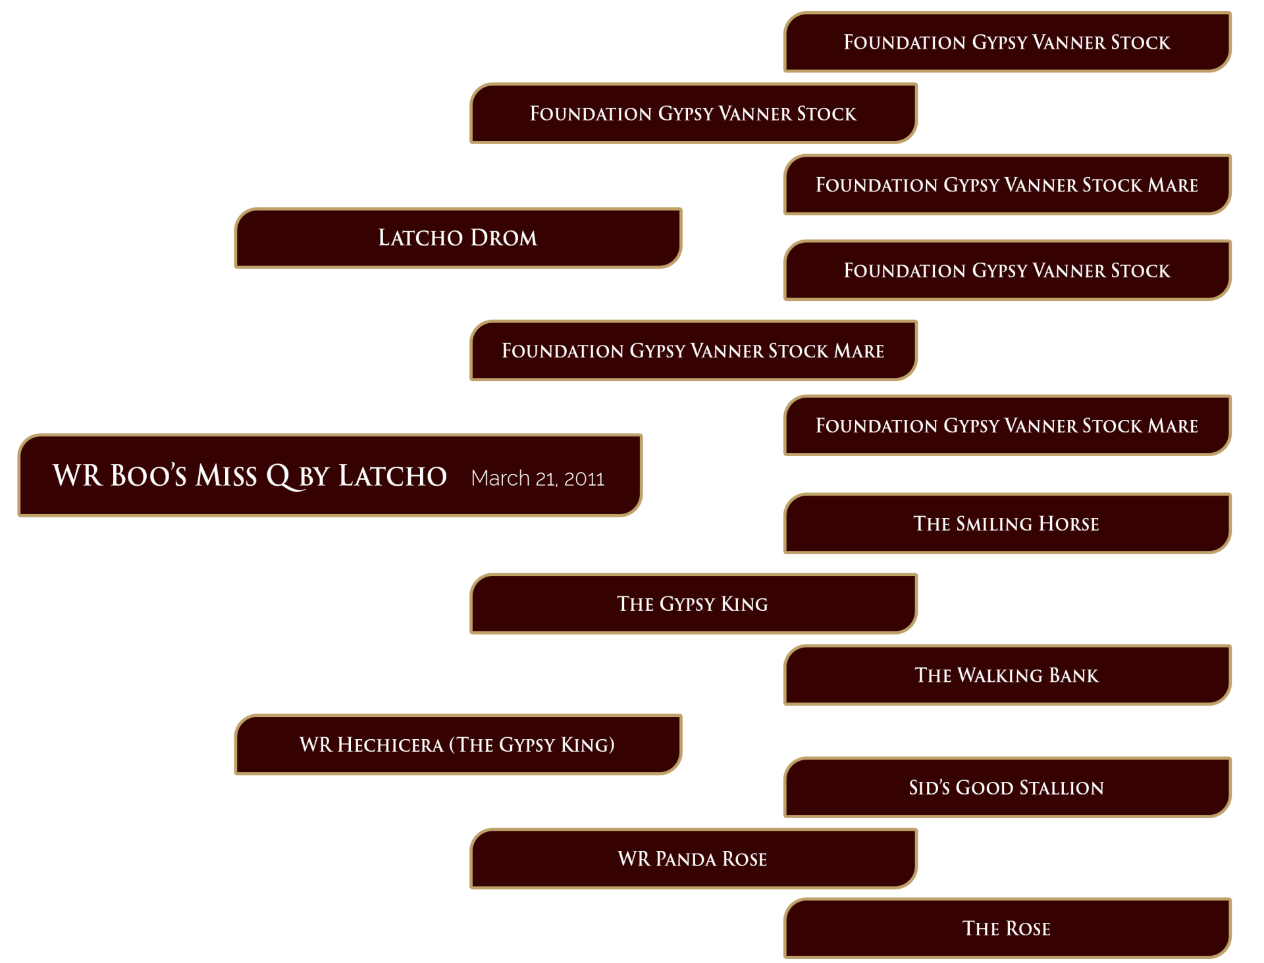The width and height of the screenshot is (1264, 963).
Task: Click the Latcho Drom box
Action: (x=458, y=238)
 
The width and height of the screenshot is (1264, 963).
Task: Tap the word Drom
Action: (x=504, y=238)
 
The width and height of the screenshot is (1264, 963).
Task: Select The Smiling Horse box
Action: (x=1007, y=523)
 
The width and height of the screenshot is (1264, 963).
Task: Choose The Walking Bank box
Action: (x=1007, y=675)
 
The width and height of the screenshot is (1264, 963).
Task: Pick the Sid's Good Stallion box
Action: (x=1007, y=787)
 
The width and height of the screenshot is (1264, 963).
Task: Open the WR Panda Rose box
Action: (x=693, y=858)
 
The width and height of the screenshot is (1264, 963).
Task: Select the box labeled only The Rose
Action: (x=1007, y=928)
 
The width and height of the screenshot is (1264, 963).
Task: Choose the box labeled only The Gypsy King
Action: (x=693, y=604)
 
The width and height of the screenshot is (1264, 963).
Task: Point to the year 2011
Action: (x=584, y=479)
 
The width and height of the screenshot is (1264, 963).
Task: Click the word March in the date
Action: (x=500, y=478)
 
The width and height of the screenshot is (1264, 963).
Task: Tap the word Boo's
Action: (x=149, y=475)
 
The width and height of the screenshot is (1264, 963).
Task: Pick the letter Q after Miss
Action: (x=279, y=477)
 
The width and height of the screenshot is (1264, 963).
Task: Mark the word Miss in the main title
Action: (x=226, y=475)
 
